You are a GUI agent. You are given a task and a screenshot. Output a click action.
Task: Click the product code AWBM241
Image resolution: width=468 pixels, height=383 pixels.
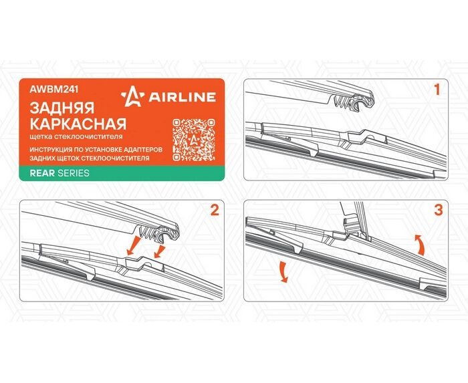click(x=54, y=90)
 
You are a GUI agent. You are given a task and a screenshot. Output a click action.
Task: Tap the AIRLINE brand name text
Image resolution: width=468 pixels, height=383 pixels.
click(x=182, y=97)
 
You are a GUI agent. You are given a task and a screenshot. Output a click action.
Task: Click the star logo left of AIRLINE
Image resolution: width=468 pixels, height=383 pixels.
click(x=132, y=97)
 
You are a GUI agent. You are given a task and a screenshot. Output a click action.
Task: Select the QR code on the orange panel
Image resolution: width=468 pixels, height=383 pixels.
click(x=194, y=140)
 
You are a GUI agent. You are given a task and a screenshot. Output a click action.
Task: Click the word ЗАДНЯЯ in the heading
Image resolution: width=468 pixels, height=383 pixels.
click(x=62, y=108)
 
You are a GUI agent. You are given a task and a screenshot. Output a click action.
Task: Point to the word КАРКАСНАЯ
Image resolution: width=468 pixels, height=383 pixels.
click(x=78, y=124)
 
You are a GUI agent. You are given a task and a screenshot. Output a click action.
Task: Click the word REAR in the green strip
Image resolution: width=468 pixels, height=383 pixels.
click(x=42, y=173)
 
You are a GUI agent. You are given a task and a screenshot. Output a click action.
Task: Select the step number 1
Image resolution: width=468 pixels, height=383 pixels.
click(x=437, y=90)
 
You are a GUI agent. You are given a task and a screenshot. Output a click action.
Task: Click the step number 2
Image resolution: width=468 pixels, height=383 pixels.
click(x=215, y=211)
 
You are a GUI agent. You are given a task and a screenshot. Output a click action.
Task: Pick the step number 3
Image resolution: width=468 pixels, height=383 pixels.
click(x=439, y=211)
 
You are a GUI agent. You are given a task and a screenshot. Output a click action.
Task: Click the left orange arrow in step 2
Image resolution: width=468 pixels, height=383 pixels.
click(x=134, y=246)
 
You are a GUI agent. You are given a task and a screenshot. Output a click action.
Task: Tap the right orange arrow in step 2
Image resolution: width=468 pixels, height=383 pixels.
click(x=160, y=251)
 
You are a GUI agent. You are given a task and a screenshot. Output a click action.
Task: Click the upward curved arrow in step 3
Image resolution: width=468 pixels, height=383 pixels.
click(x=421, y=245)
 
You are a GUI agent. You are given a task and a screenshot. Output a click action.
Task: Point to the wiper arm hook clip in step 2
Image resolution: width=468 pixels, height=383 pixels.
click(x=160, y=233)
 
